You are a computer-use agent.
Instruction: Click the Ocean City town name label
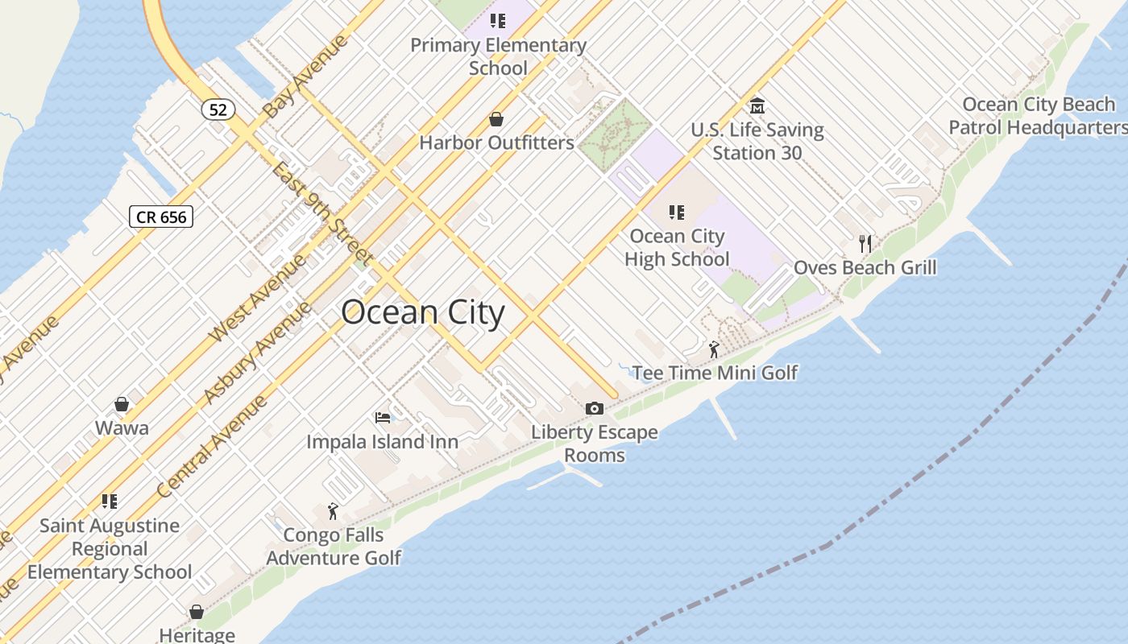pos(423,312)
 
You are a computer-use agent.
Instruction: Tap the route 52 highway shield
pos(218,109)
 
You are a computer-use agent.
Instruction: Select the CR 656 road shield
pos(161,217)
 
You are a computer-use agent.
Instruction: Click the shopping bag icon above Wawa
pos(122,404)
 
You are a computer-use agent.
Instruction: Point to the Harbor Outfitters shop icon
pos(496,120)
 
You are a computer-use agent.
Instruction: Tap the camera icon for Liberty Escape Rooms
pos(595,409)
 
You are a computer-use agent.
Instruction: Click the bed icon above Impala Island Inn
pos(383,418)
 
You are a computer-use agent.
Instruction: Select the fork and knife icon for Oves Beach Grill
pos(865,243)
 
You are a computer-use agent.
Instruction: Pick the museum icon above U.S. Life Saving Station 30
pos(757,105)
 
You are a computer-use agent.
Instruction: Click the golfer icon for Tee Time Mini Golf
pos(714,349)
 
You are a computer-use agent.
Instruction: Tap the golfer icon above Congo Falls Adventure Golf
pos(333,511)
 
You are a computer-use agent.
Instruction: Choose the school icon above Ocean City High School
pos(677,213)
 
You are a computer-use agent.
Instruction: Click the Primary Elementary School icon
pos(498,21)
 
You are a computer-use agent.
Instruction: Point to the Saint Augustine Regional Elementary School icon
pos(110,502)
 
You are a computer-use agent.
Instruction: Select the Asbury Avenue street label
pos(256,353)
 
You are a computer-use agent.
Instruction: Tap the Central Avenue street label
pos(211,447)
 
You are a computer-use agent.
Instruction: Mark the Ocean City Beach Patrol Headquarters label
pos(1038,116)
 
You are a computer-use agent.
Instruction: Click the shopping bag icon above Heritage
pos(197,612)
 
